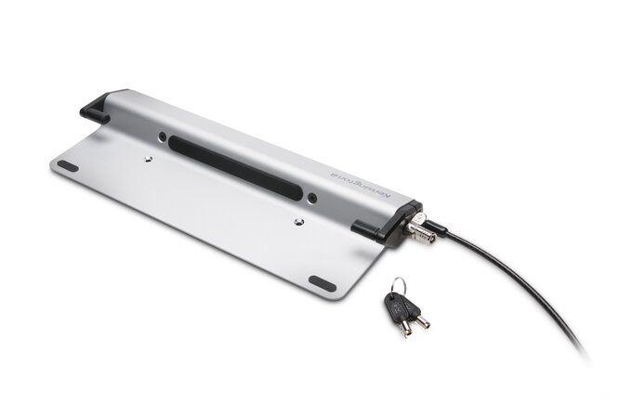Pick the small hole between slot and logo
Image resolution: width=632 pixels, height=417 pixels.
pos(322,197)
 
